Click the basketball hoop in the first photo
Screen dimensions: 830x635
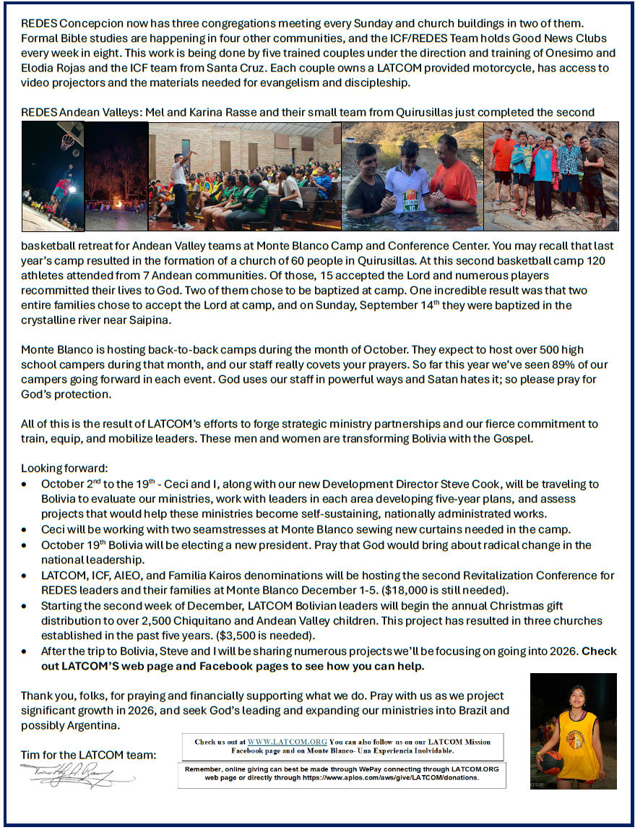[x=66, y=140]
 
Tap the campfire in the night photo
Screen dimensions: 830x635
[x=116, y=204]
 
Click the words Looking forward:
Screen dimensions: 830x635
[x=64, y=469]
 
